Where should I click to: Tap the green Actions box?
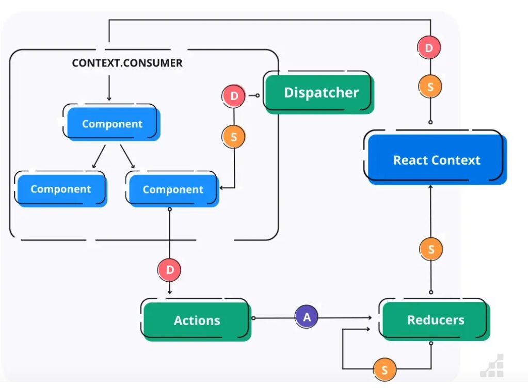click(196, 320)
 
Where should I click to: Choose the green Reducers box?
click(435, 320)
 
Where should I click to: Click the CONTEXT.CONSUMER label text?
click(127, 63)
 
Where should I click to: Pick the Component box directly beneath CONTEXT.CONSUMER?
click(111, 124)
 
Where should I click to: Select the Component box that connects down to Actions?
click(172, 189)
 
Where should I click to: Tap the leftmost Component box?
click(60, 189)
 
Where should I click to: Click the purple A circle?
click(307, 317)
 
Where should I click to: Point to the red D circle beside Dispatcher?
click(234, 96)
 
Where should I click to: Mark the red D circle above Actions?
click(170, 270)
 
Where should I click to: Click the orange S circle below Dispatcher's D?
click(234, 137)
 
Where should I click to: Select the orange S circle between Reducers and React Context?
click(430, 250)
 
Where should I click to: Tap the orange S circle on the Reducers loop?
click(385, 369)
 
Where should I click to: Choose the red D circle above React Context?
click(429, 48)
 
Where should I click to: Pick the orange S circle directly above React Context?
click(430, 87)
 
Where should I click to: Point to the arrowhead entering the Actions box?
click(170, 293)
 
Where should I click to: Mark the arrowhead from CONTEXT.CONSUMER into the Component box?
click(109, 98)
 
